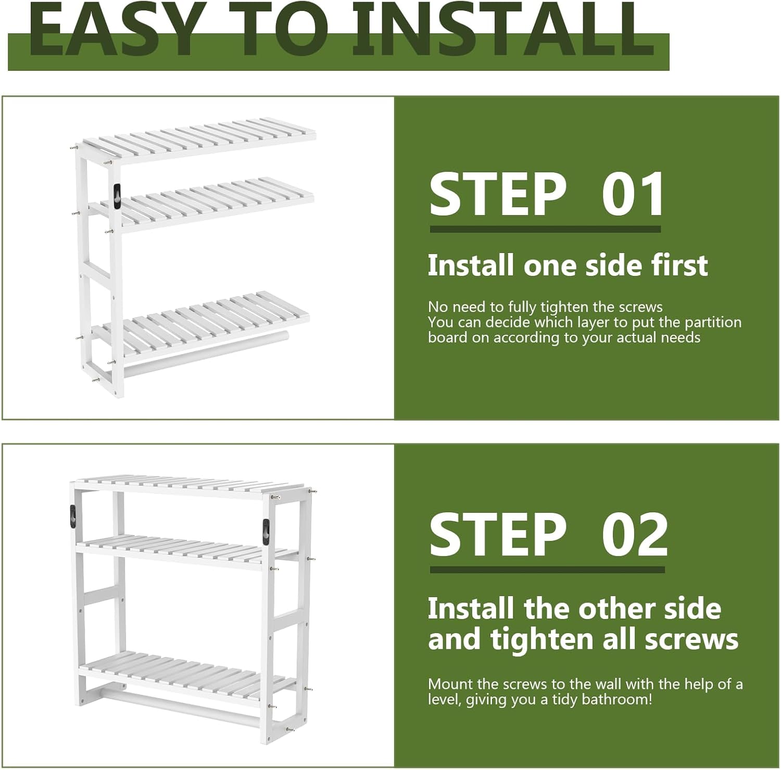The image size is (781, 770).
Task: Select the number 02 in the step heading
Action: tap(635, 535)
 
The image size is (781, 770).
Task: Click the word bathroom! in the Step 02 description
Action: tap(616, 699)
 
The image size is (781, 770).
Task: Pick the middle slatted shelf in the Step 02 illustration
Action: tap(187, 552)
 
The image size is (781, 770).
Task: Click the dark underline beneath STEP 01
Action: tap(545, 229)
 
